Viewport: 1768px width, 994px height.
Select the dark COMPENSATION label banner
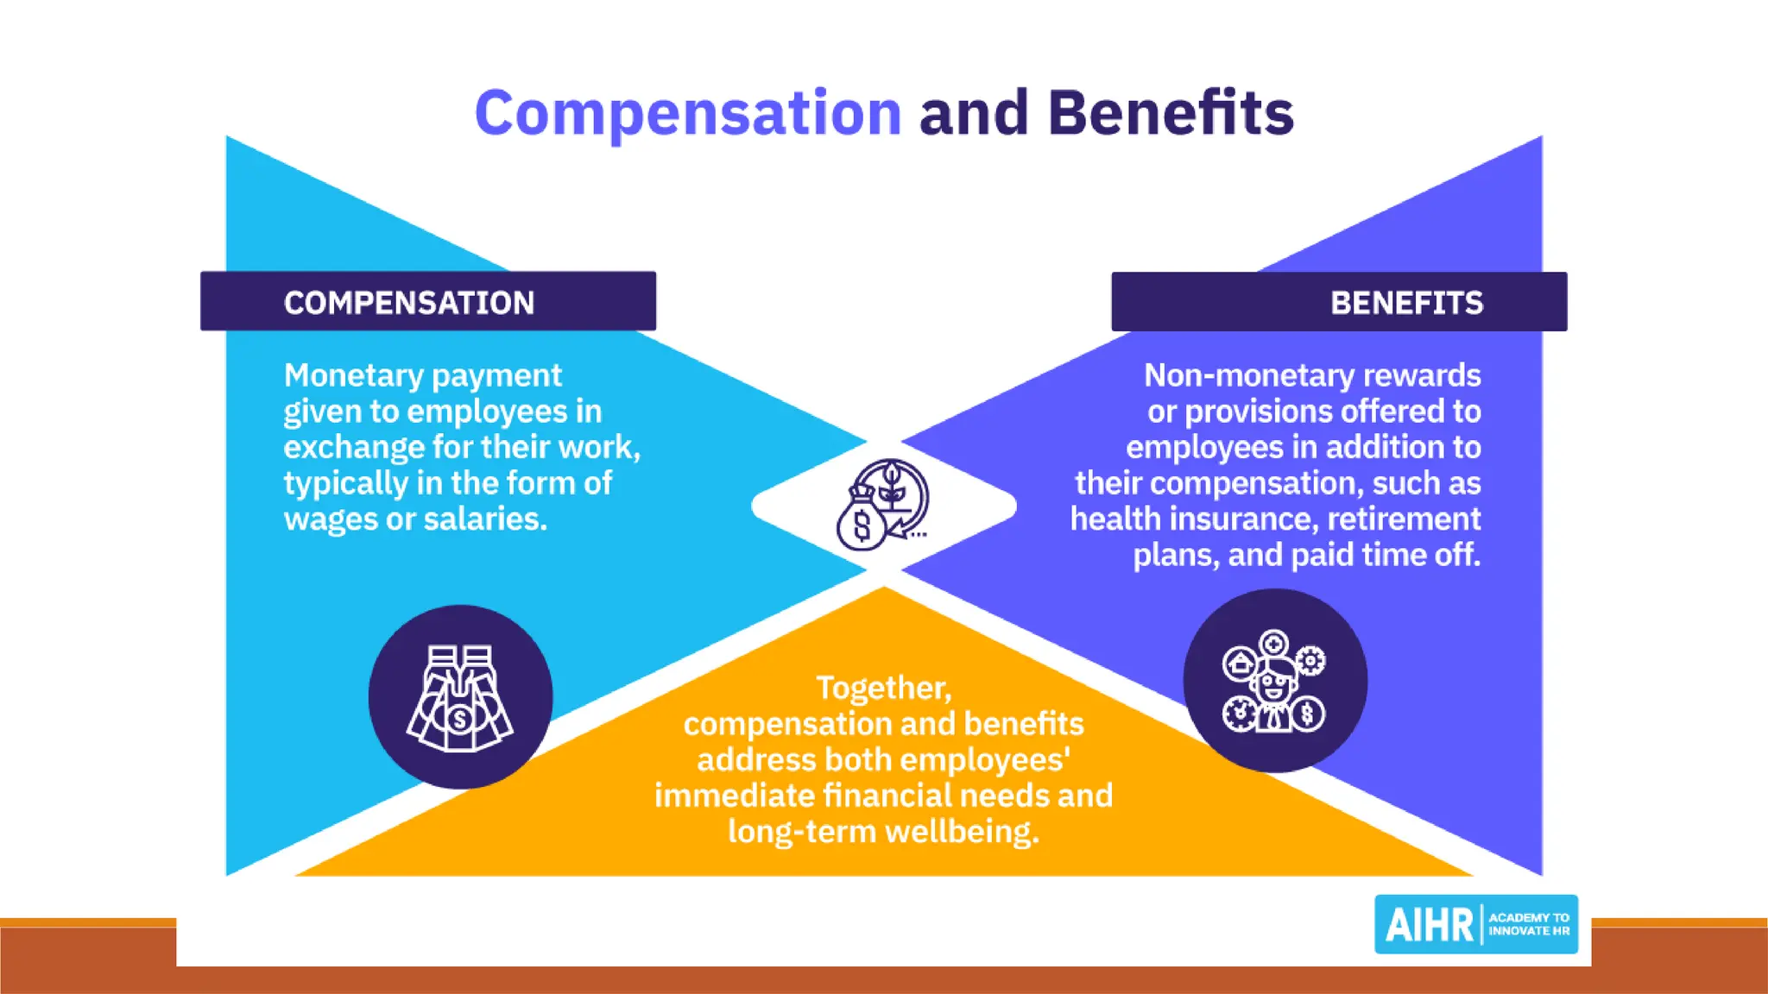(x=427, y=301)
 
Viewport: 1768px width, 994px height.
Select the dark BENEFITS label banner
(x=1339, y=302)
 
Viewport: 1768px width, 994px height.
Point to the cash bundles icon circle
(x=460, y=696)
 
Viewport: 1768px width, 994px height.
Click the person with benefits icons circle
(x=1274, y=681)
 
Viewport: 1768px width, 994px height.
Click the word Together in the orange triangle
(x=883, y=688)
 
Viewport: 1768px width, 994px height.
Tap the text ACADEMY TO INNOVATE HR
(x=1529, y=924)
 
